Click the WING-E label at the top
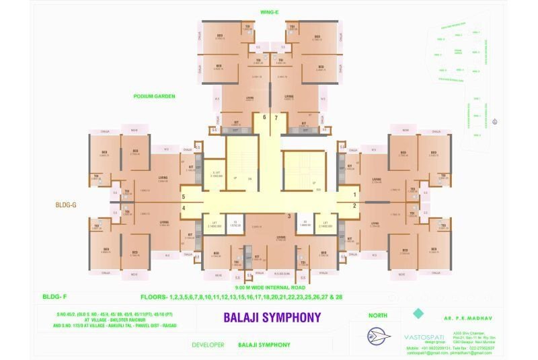pos(268,12)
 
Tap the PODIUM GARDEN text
pos(155,96)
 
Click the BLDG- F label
pos(52,297)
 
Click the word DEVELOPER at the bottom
pos(207,345)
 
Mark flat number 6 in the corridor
pos(264,117)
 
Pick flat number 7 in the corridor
pos(276,117)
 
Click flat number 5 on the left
pos(183,196)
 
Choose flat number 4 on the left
pos(183,207)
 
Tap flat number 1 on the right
pos(355,195)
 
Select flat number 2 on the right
pos(355,206)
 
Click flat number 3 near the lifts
pos(289,216)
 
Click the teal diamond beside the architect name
pos(418,314)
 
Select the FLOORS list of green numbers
pos(241,297)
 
